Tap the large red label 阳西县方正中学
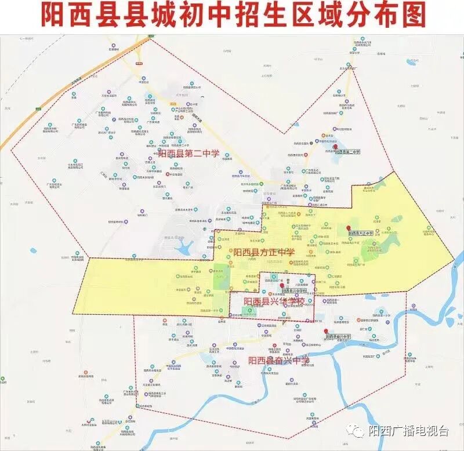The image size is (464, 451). click(x=264, y=252)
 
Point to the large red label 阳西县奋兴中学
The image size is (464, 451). click(x=279, y=361)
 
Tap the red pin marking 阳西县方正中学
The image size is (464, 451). click(x=348, y=228)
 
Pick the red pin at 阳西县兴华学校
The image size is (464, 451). click(x=282, y=286)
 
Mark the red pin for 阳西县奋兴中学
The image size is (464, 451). click(x=325, y=332)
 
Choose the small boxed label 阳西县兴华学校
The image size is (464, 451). click(x=295, y=291)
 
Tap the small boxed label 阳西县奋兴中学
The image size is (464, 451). click(x=339, y=337)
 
